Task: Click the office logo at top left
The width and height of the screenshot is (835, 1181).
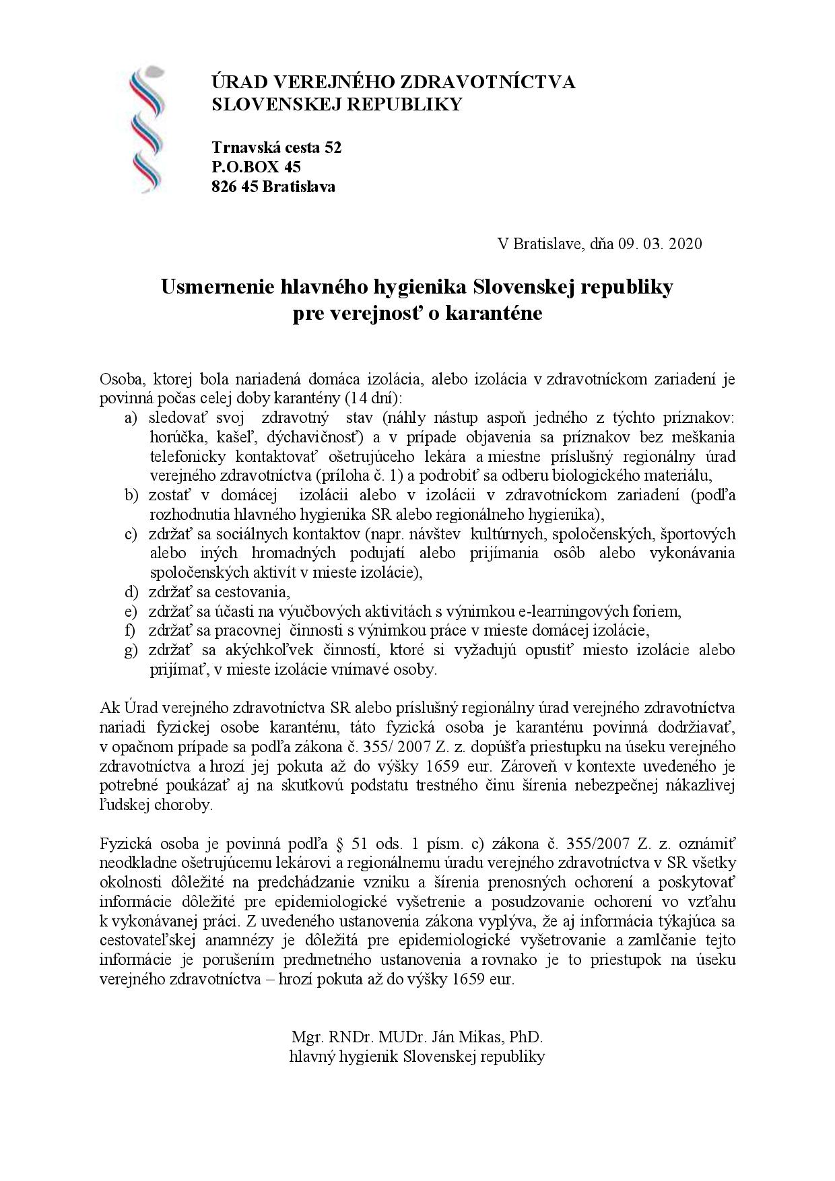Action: (x=147, y=129)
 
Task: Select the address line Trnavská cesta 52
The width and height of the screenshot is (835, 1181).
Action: (x=277, y=147)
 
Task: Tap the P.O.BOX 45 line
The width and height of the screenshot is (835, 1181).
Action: (x=256, y=167)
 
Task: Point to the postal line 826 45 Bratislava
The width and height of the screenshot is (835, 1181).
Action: (x=273, y=187)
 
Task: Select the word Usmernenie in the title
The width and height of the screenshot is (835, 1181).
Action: (x=215, y=288)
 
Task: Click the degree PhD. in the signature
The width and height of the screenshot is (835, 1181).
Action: (x=526, y=1036)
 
